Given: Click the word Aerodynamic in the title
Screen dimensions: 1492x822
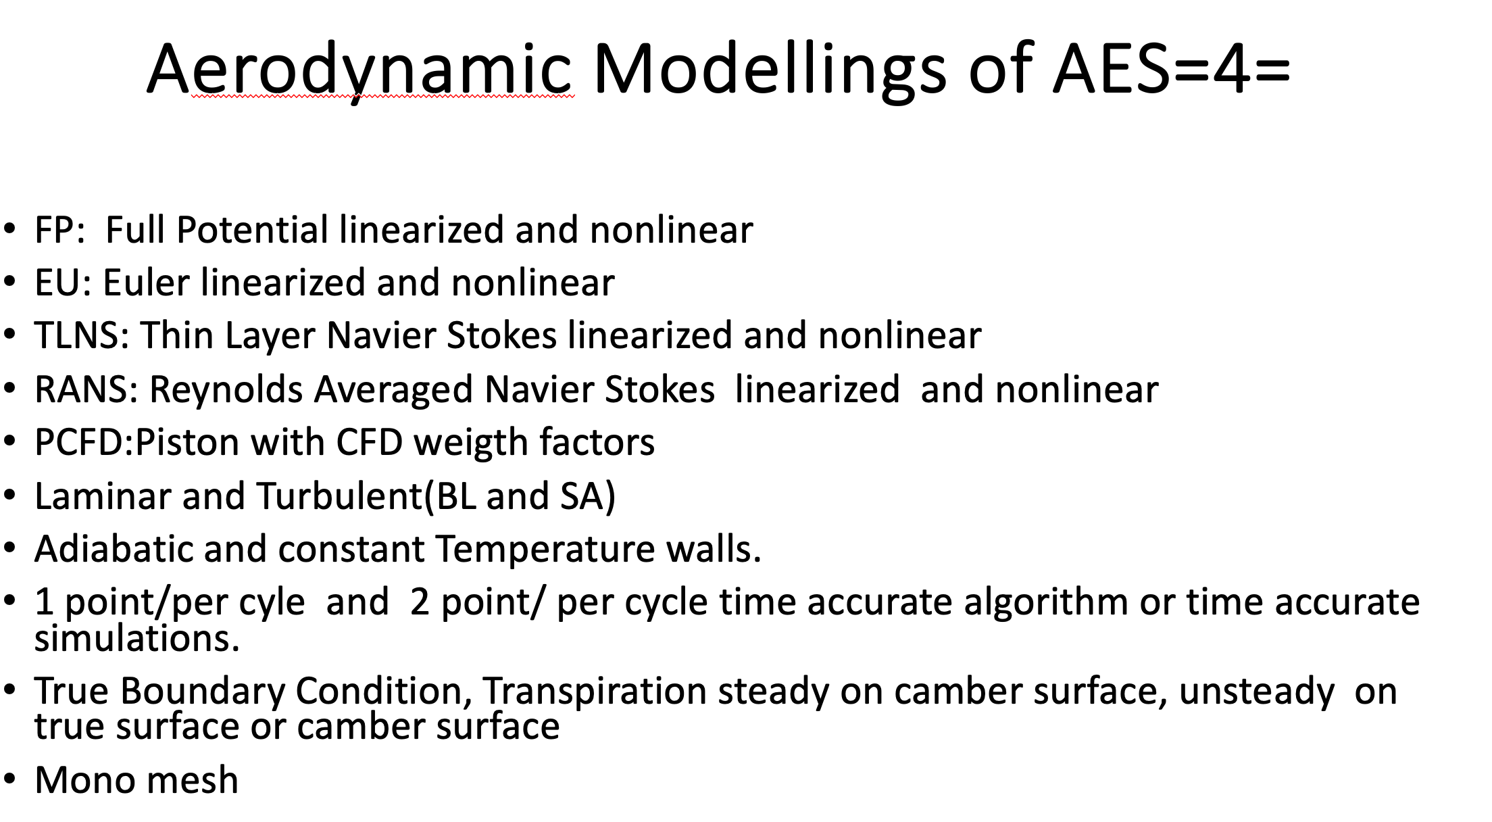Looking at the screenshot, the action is (359, 70).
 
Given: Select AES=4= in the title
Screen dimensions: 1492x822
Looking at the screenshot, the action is (1172, 68).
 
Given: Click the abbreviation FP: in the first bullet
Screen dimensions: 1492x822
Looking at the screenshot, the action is (60, 230).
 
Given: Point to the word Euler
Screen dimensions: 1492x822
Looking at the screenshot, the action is (146, 283).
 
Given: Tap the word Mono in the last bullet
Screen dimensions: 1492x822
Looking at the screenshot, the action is (85, 780).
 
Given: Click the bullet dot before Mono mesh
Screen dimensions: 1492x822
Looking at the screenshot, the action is (9, 781).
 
